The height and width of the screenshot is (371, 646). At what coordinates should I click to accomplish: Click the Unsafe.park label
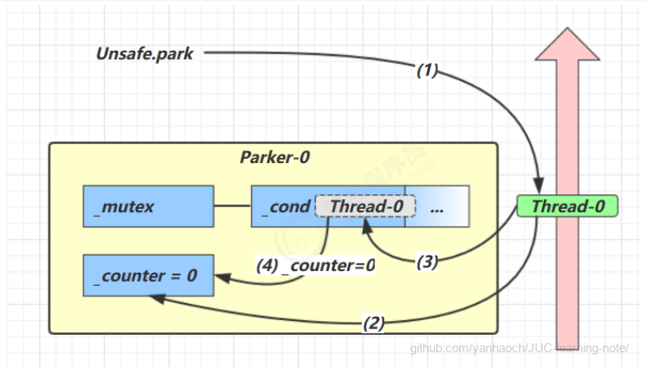point(145,54)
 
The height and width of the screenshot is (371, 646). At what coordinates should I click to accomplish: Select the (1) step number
point(427,71)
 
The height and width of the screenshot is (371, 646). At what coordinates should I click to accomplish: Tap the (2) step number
point(373,323)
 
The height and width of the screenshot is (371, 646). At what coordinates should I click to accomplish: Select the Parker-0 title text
point(274,157)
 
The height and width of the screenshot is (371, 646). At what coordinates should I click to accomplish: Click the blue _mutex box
point(147,206)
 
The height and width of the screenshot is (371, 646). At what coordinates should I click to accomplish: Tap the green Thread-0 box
point(568,206)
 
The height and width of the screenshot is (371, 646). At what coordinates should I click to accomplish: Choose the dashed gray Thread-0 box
point(366,206)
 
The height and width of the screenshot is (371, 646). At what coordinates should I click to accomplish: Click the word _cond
point(286,206)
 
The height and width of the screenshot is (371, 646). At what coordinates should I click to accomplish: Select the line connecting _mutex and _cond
point(232,206)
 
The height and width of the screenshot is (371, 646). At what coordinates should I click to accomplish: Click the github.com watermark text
point(519,347)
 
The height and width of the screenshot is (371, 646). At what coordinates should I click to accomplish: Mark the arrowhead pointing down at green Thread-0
point(539,188)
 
